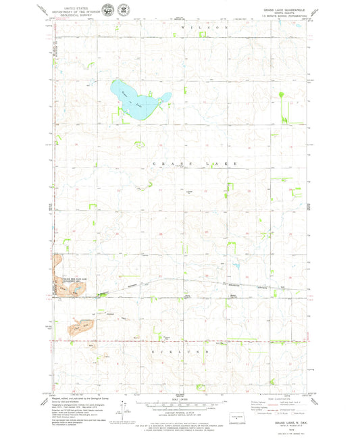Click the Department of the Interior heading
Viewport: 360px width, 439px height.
tap(76, 9)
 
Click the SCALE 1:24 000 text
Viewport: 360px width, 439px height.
tap(180, 399)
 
